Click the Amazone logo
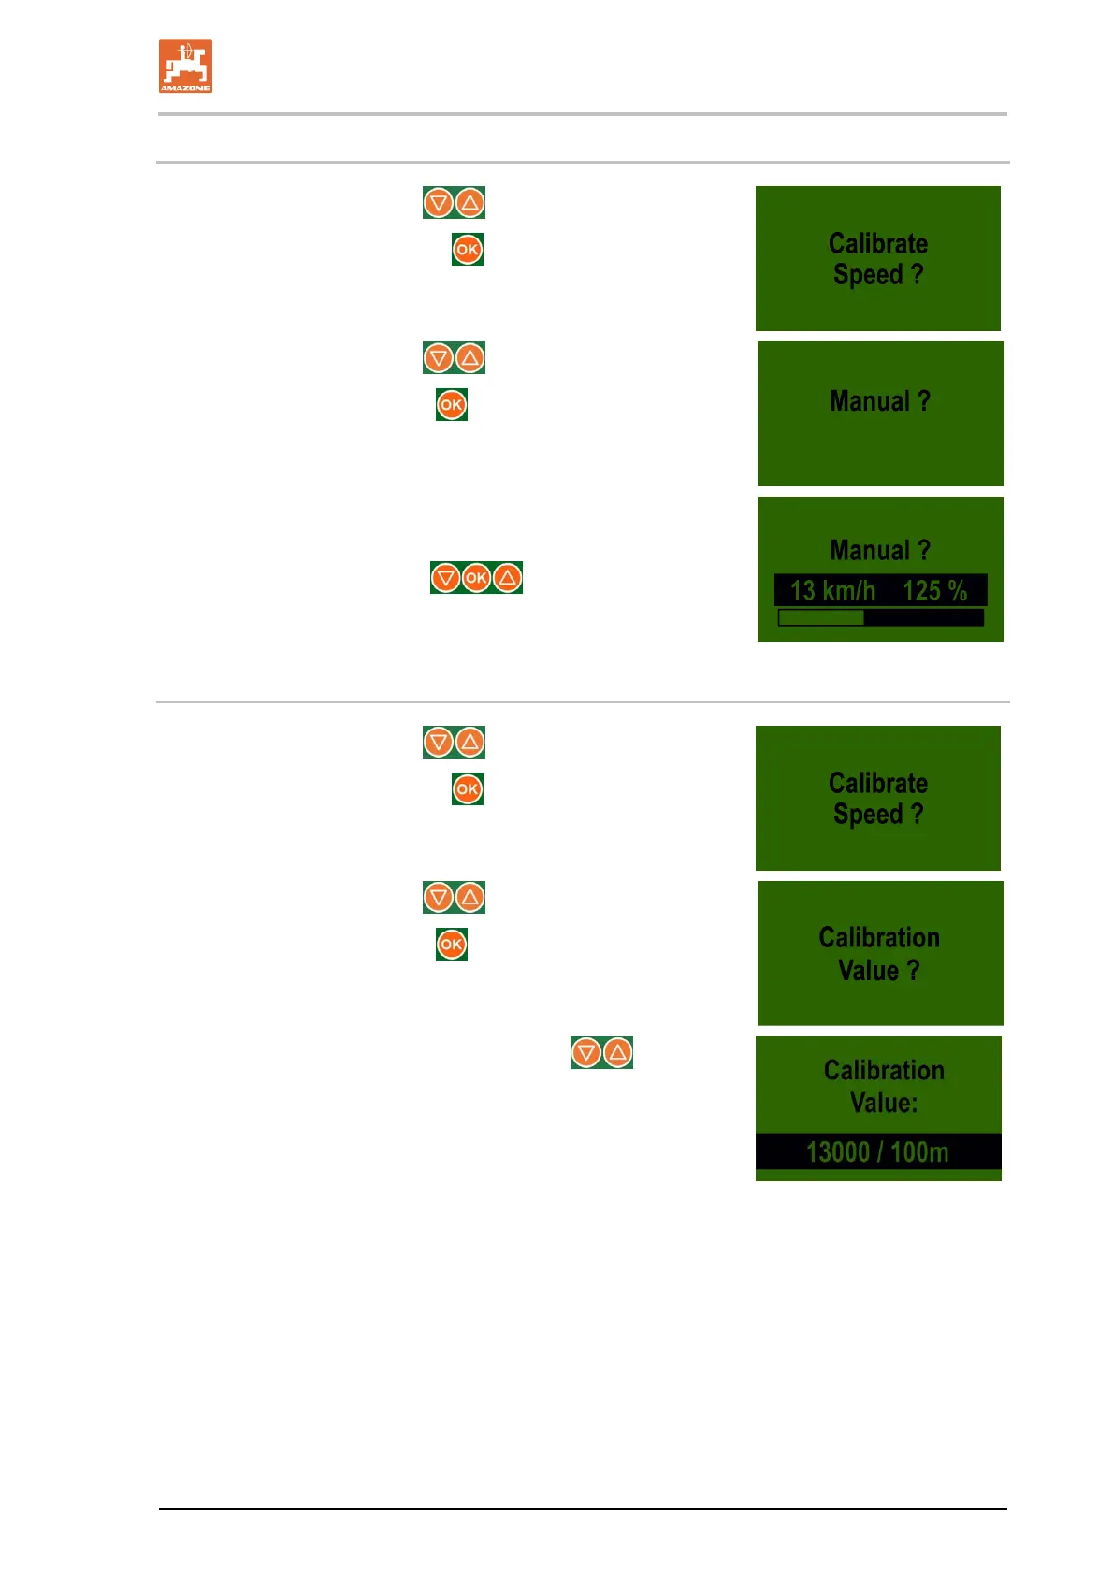[x=185, y=65]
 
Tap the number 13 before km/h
[x=802, y=591]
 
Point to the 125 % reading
[x=934, y=591]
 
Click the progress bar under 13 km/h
[x=880, y=617]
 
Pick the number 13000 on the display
[x=838, y=1152]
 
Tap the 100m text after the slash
[x=919, y=1152]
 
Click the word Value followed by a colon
[x=883, y=1103]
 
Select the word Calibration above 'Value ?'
[x=879, y=937]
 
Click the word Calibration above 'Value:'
[x=884, y=1070]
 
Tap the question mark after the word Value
[x=914, y=971]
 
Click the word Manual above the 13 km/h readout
[x=870, y=550]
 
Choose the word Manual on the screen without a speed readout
[x=870, y=401]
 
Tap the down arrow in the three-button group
[x=446, y=578]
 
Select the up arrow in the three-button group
[x=507, y=578]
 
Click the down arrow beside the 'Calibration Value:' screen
[x=586, y=1052]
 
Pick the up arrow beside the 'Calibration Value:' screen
[x=617, y=1052]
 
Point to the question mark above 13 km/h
[x=924, y=550]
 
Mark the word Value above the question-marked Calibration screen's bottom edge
[x=869, y=971]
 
